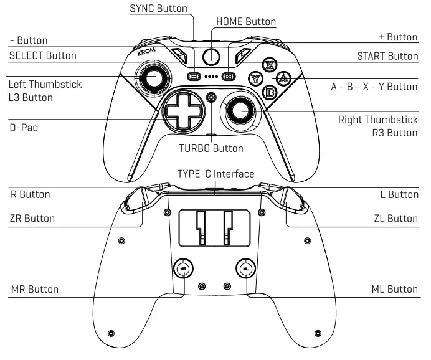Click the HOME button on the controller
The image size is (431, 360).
tap(212, 56)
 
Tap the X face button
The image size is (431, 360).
tap(269, 65)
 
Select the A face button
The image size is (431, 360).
tap(283, 78)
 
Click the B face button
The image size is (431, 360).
tap(270, 93)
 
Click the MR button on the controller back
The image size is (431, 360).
tap(182, 268)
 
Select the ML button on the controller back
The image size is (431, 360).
tap(246, 268)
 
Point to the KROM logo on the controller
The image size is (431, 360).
tap(146, 53)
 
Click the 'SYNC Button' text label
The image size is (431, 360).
tap(158, 9)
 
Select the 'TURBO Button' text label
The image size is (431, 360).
tap(211, 148)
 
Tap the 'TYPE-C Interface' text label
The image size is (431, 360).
tap(215, 173)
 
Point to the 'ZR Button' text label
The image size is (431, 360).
tap(32, 218)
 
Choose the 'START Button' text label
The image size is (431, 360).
tap(387, 55)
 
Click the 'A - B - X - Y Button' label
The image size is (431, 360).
tap(374, 87)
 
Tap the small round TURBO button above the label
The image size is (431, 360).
tap(212, 97)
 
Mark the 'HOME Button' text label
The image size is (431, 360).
tap(245, 21)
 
